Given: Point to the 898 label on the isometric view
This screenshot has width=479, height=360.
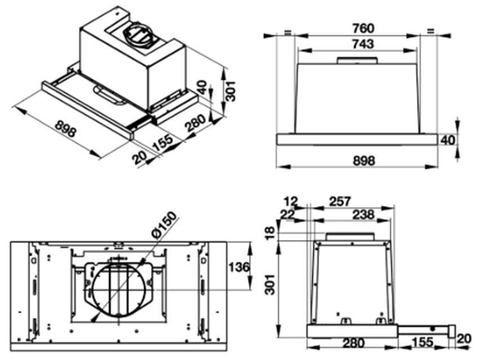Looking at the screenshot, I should (x=66, y=131).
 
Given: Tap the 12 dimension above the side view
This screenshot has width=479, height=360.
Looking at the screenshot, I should (x=291, y=201).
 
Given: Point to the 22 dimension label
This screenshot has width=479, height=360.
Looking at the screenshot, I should (x=287, y=214).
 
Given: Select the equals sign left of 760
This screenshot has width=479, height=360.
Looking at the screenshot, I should (x=287, y=32).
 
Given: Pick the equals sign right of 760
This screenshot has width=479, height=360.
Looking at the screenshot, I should (x=431, y=32).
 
